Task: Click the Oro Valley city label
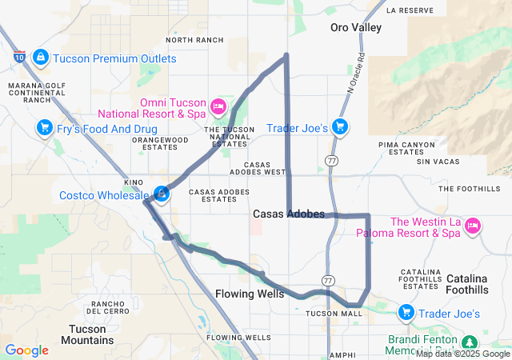(356, 27)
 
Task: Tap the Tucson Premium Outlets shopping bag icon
(40, 58)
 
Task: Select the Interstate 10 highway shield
(19, 57)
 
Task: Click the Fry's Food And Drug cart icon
(45, 127)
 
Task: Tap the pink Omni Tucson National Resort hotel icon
(218, 106)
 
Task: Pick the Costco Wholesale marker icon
(162, 194)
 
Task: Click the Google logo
(26, 350)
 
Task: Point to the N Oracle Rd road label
(356, 75)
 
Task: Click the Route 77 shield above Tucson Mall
(328, 280)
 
